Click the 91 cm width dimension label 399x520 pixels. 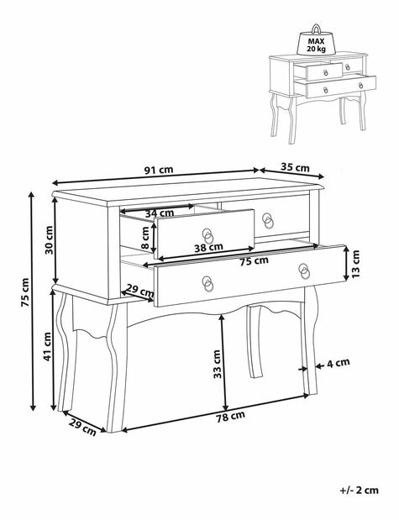pos(159,170)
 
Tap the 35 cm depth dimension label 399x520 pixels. pos(295,167)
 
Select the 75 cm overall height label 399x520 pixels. pos(25,292)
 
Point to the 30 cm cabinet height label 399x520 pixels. pos(50,239)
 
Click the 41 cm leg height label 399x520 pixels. pos(47,347)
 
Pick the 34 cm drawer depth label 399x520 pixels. pos(160,213)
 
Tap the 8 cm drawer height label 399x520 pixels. pos(145,238)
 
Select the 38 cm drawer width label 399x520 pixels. pos(208,247)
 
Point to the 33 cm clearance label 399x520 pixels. pos(217,364)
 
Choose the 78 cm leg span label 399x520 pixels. pos(230,416)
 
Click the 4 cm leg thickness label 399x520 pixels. pos(339,363)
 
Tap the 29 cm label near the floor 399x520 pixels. pos(82,427)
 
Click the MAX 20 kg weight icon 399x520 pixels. pos(316,40)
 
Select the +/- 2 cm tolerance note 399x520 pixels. pos(360,490)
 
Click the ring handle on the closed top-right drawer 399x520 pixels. pos(268,221)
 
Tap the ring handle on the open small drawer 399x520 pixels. pos(208,236)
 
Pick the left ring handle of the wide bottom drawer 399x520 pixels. pos(207,284)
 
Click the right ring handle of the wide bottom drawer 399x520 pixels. pos(304,271)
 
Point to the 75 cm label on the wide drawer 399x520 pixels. pos(254,261)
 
